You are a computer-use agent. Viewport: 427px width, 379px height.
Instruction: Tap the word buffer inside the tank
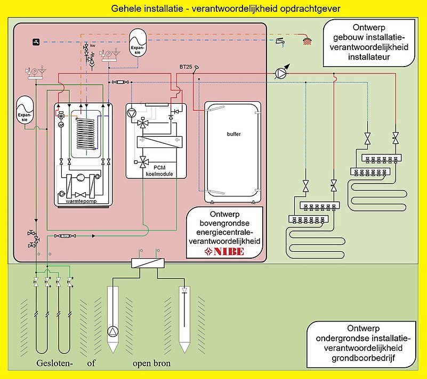[x=233, y=134]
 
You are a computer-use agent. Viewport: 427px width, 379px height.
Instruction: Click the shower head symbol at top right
[x=307, y=40]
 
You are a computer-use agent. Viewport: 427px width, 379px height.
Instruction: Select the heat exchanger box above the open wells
[x=148, y=263]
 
